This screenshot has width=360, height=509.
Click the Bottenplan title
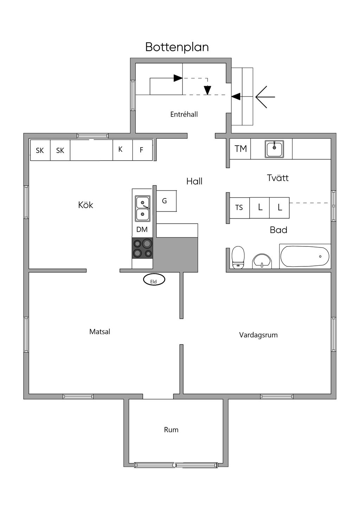pos(177,47)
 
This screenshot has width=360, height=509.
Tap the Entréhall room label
pos(184,114)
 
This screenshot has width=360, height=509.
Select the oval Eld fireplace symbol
pos(154,280)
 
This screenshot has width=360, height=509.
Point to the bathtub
pos(305,256)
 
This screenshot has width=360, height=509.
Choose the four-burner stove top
pos(142,248)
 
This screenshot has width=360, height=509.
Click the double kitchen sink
pos(143,208)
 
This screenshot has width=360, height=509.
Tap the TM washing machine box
pos(240,149)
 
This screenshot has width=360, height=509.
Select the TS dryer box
pos(239,208)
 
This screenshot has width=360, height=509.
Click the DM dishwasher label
pos(142,230)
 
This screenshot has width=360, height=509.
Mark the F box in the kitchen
pos(142,150)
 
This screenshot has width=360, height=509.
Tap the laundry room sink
pos(274,149)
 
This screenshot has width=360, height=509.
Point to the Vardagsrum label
pos(258,335)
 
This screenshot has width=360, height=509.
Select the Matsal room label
pos(100,331)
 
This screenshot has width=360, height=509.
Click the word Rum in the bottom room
pos(171,430)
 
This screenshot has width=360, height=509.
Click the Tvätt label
pos(278,178)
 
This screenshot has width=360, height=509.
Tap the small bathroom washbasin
pos(262,261)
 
